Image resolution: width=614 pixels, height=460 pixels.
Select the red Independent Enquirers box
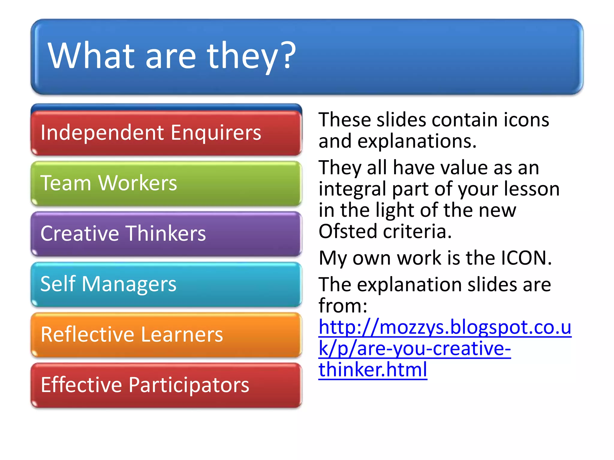166,133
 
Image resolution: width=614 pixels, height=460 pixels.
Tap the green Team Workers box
166,183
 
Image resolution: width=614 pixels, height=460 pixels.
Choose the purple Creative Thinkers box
166,234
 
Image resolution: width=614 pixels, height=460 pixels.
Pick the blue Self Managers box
166,284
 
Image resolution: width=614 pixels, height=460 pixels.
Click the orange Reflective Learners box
166,335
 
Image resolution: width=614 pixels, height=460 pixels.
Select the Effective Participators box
166,385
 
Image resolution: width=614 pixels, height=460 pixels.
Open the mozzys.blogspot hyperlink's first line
445,327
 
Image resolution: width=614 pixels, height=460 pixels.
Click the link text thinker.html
373,370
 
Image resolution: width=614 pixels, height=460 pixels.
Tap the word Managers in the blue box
129,284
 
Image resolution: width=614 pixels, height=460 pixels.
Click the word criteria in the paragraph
417,231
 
